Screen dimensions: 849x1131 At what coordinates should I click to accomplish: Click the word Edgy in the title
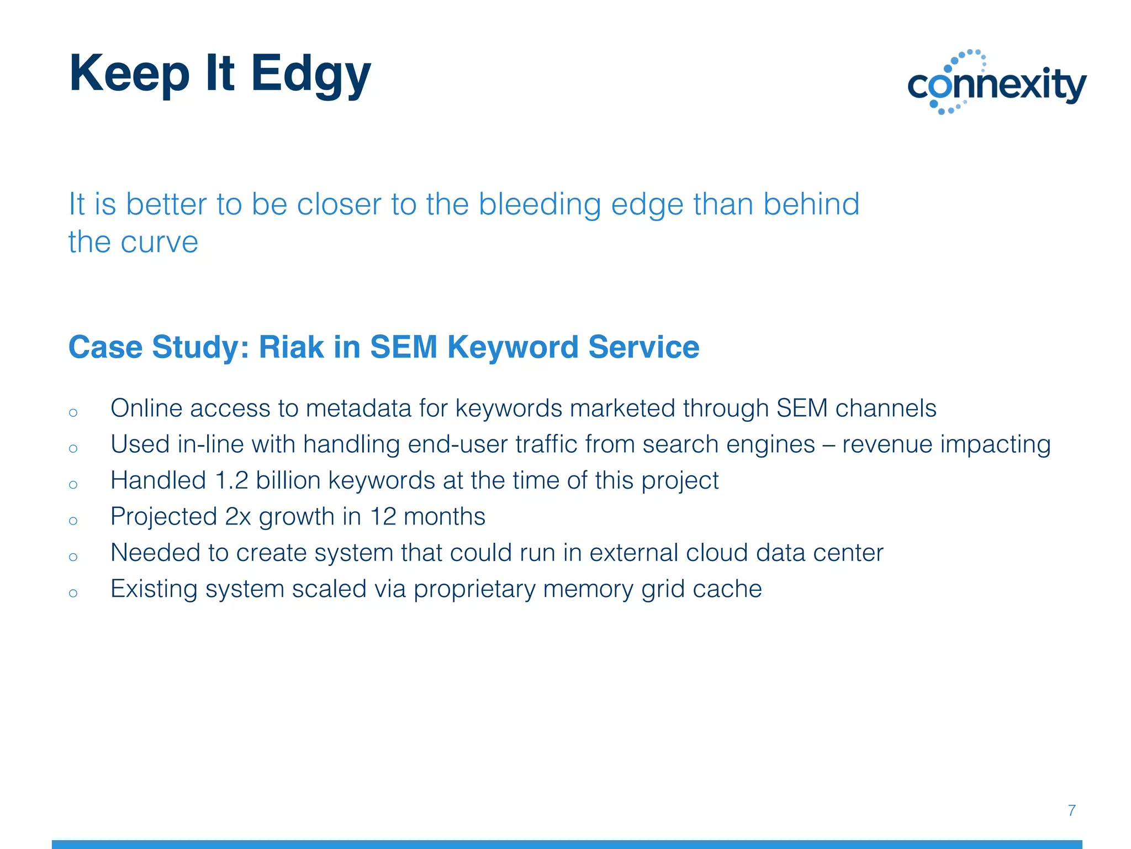[310, 75]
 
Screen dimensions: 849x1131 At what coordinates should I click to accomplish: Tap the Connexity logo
[997, 83]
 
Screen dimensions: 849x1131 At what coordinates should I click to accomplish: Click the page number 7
[1071, 810]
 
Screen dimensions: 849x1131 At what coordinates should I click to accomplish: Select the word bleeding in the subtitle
[539, 204]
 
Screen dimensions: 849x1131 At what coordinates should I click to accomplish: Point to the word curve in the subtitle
[160, 243]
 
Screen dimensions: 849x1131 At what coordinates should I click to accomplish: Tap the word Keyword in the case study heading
[513, 347]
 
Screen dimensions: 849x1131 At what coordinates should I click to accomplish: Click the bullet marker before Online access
[73, 412]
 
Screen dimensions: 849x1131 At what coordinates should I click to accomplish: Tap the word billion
[288, 480]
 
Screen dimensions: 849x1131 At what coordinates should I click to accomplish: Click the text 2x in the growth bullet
[238, 517]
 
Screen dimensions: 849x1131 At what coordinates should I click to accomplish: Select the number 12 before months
[383, 517]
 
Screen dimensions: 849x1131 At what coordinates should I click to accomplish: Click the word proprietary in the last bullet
[474, 589]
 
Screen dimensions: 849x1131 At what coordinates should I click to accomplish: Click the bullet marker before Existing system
[73, 593]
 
